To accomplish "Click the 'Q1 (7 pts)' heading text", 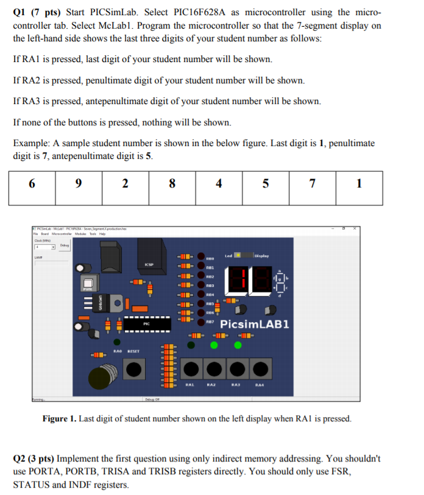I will point(38,12).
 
